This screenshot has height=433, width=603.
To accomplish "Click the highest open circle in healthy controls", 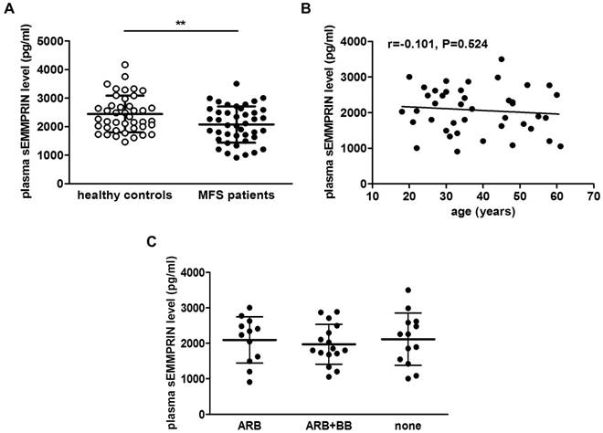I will click(x=125, y=65).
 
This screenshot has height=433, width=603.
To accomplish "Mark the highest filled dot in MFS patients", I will click(x=238, y=84).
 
